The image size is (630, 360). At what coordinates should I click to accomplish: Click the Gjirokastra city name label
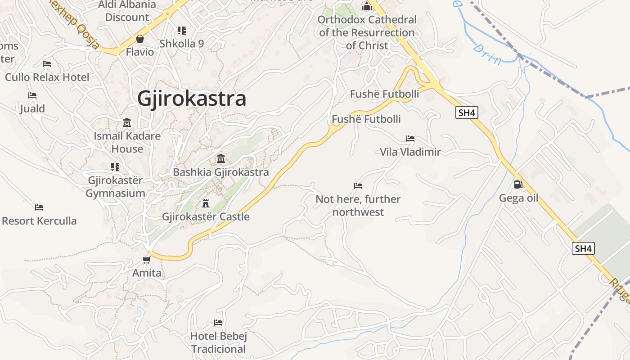point(192,99)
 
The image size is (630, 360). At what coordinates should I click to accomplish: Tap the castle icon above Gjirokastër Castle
point(206,202)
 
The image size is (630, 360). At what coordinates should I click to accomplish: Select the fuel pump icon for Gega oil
point(518,184)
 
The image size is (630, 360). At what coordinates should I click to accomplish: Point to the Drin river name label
point(487,54)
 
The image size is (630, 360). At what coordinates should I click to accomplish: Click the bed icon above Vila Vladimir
point(410,138)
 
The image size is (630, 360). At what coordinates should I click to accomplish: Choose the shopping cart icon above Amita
point(146,260)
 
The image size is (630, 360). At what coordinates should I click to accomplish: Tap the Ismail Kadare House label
point(127,142)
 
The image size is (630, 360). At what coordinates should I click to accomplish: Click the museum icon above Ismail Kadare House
point(127,122)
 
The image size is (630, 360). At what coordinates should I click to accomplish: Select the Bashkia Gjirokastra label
point(221,172)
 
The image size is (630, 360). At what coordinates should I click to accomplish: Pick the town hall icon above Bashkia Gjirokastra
point(221,158)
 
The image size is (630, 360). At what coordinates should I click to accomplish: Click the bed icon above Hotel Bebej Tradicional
point(218,322)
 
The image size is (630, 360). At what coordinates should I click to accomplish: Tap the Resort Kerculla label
point(40,221)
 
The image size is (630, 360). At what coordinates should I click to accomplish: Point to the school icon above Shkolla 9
point(182,31)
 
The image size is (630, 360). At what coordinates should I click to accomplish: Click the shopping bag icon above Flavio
point(139,39)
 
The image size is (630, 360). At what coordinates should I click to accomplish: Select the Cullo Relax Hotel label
point(47,77)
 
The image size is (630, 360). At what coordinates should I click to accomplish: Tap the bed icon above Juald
point(32,95)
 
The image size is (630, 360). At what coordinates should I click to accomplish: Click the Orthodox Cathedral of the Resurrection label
point(367,32)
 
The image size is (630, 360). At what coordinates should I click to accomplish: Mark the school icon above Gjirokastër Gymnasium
point(115,167)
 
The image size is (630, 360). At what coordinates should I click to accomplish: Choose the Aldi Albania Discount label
point(127,11)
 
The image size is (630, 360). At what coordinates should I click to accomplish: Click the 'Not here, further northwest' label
point(358,205)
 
